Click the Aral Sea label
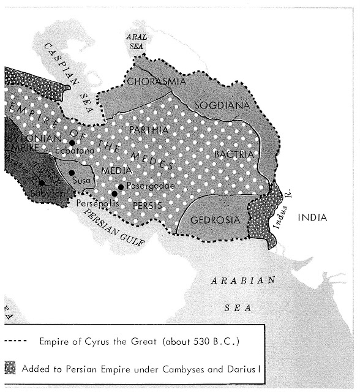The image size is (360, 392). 137,41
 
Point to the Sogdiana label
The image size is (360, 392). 222,105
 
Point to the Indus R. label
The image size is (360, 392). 283,214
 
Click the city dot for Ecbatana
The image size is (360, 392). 72,143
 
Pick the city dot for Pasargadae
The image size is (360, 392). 121,186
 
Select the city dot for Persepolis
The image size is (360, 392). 114,194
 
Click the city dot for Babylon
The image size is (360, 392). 42,182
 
